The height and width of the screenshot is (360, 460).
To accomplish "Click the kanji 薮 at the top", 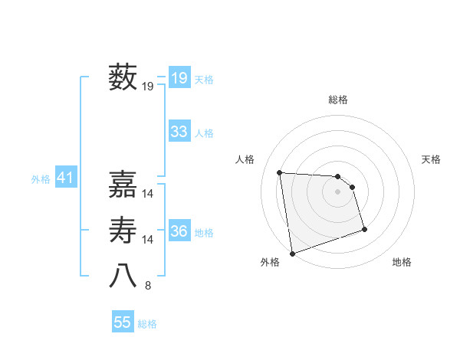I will click(123, 77).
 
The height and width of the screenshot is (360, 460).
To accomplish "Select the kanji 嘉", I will click(123, 184).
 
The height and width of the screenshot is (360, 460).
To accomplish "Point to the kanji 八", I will click(123, 277).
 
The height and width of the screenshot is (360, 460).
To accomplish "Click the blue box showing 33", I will click(179, 132).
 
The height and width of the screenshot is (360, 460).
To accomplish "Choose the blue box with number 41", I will click(64, 178).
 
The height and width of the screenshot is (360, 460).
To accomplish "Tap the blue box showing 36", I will click(179, 231).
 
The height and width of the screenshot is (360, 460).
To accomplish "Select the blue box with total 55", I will click(123, 322).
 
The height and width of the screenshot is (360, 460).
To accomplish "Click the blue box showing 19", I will click(179, 78).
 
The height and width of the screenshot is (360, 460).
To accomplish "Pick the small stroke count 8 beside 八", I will click(148, 286).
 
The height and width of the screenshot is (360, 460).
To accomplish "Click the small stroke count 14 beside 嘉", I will click(148, 194).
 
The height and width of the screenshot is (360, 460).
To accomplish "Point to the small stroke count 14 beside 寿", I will click(148, 240).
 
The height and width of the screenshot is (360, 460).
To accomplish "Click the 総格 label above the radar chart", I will click(338, 100).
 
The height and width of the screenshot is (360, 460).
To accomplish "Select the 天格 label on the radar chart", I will click(432, 159).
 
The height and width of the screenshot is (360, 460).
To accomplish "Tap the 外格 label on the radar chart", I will click(270, 262).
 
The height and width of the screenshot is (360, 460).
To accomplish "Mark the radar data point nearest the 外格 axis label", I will click(292, 253).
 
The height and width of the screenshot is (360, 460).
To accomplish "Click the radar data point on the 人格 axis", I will click(280, 172).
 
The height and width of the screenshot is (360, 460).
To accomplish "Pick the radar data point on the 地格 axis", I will click(364, 229).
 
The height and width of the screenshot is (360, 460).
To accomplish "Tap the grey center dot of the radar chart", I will click(338, 191).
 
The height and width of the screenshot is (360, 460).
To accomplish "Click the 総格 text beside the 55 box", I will click(147, 324).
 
